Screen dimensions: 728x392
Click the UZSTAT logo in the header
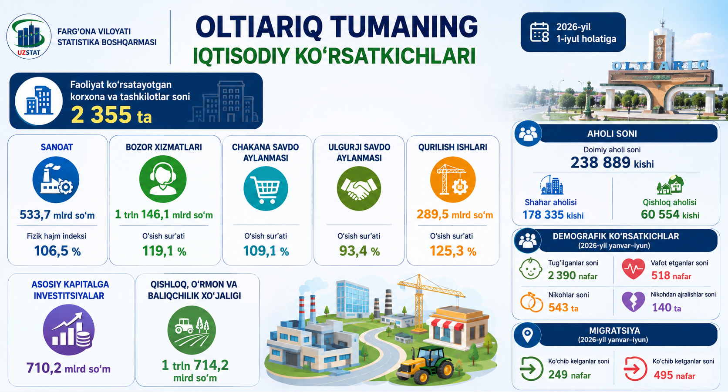pyautogui.click(x=29, y=37)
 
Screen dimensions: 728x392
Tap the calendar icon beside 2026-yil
pyautogui.click(x=539, y=32)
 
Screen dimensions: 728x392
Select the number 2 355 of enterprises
pyautogui.click(x=101, y=115)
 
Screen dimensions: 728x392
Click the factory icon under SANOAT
pyautogui.click(x=56, y=180)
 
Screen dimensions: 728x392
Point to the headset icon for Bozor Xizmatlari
pyautogui.click(x=163, y=179)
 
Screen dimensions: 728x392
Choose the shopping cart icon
pyautogui.click(x=266, y=188)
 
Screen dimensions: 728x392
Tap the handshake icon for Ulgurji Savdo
pyautogui.click(x=359, y=188)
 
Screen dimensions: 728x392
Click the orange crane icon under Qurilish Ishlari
pyautogui.click(x=453, y=180)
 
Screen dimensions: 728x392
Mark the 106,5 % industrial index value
pyautogui.click(x=57, y=251)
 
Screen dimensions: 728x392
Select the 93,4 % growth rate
pyautogui.click(x=359, y=251)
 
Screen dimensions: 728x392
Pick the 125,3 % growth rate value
pyautogui.click(x=453, y=251)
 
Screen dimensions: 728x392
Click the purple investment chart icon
pyautogui.click(x=69, y=330)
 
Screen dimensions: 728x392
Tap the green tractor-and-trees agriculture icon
pyautogui.click(x=192, y=330)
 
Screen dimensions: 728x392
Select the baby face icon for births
pyautogui.click(x=530, y=268)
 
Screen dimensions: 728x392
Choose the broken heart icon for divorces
pyautogui.click(x=633, y=302)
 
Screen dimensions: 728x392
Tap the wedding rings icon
pyautogui.click(x=531, y=302)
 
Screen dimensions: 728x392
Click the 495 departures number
pyautogui.click(x=663, y=375)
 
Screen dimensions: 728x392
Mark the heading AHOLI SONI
pyautogui.click(x=612, y=134)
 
